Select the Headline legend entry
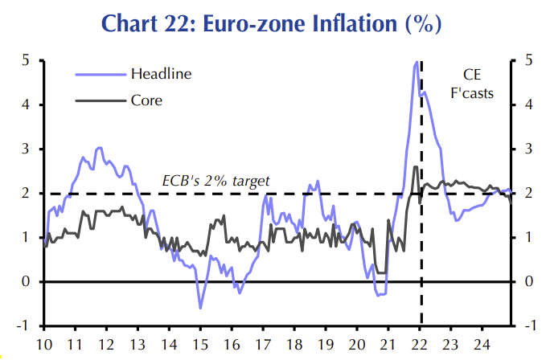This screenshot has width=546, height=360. pos(161,74)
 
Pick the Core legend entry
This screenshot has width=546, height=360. pos(146,101)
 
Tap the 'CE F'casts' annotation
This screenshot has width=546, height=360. pos(471,84)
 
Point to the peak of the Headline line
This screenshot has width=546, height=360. pos(417,62)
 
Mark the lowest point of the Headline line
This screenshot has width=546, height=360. pos(200,308)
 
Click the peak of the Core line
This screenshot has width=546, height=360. pos(415,166)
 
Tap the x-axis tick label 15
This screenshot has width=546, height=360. pos(199,346)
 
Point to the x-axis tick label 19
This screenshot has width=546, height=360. pos(326,346)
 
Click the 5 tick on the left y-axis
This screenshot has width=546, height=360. pos(26,60)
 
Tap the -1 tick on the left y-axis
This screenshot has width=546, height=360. pos(23,325)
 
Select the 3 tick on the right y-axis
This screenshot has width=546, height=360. pos(529,149)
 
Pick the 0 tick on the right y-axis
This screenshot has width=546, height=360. pos(529,281)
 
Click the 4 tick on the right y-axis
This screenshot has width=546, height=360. pos(529,104)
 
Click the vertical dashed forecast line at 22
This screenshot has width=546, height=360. pos(421,241)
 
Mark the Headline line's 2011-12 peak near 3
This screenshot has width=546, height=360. pos(99,148)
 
